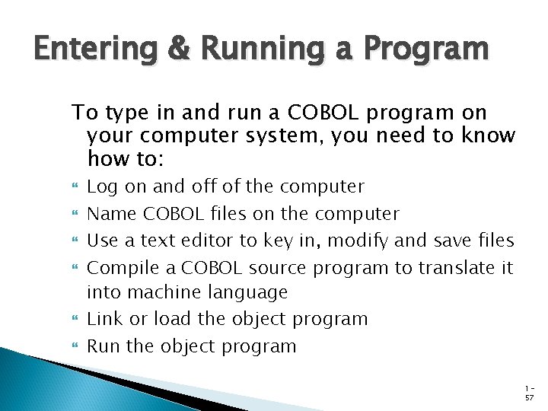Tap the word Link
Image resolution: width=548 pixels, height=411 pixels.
tap(104, 319)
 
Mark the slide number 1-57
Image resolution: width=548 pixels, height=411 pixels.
tap(529, 392)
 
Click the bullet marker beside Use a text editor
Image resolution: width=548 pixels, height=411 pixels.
tap(75, 242)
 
